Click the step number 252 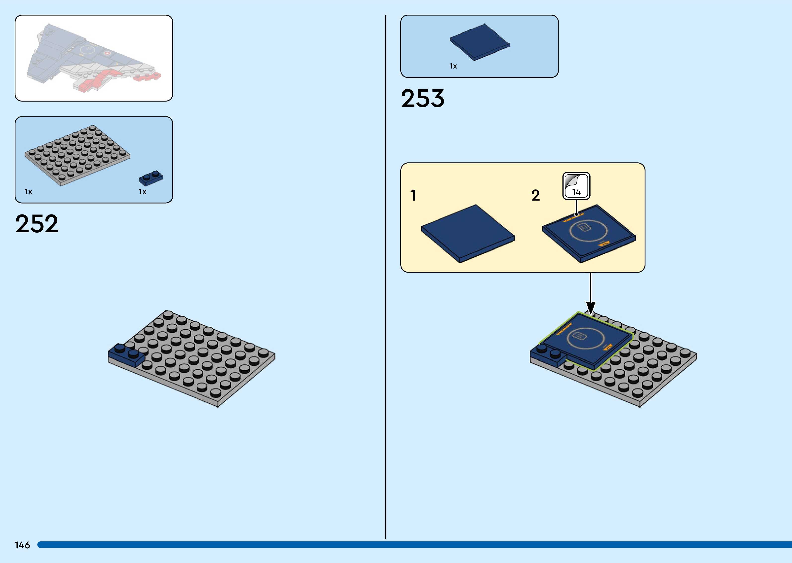(37, 224)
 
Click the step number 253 (422, 99)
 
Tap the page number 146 (22, 545)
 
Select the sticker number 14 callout (576, 186)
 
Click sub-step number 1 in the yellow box (413, 195)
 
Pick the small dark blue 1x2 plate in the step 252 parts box (151, 178)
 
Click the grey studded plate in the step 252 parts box (77, 155)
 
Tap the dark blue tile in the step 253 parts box (480, 42)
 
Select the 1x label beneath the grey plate (28, 192)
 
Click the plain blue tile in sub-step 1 (468, 233)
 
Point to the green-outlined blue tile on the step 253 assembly (586, 340)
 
